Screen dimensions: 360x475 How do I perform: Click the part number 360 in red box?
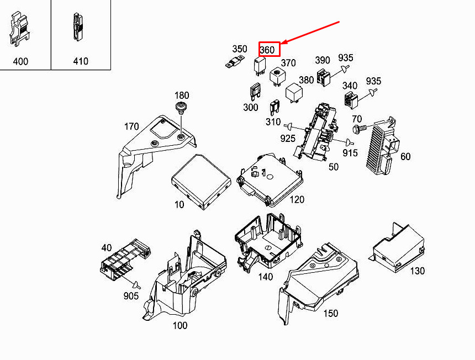pyautogui.click(x=267, y=50)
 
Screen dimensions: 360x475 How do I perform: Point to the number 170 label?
pyautogui.click(x=131, y=127)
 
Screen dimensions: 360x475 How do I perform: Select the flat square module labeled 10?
pyautogui.click(x=200, y=182)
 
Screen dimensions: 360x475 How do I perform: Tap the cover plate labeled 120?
pyautogui.click(x=271, y=176)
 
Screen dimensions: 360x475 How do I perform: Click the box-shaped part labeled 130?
pyautogui.click(x=398, y=248)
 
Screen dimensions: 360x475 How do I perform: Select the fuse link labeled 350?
pyautogui.click(x=236, y=62)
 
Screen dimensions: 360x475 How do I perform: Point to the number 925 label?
pyautogui.click(x=288, y=138)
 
